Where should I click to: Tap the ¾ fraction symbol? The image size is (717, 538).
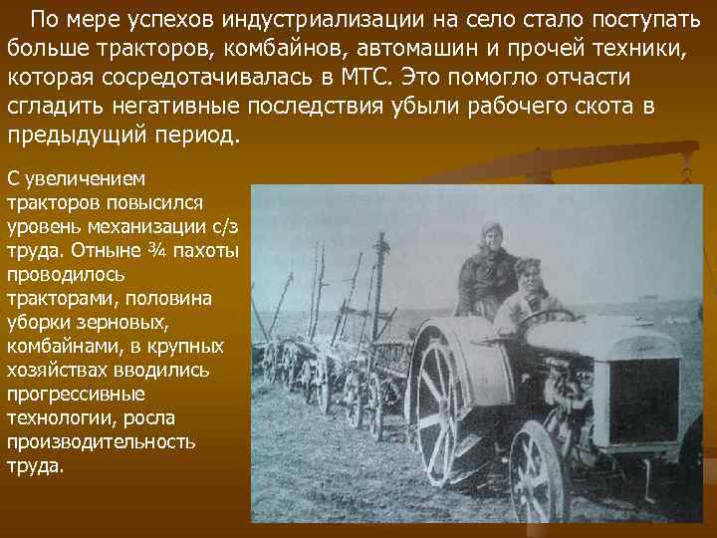[x=159, y=249]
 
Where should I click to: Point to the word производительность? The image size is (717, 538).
[x=101, y=442]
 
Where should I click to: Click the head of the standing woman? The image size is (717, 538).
[x=490, y=237]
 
